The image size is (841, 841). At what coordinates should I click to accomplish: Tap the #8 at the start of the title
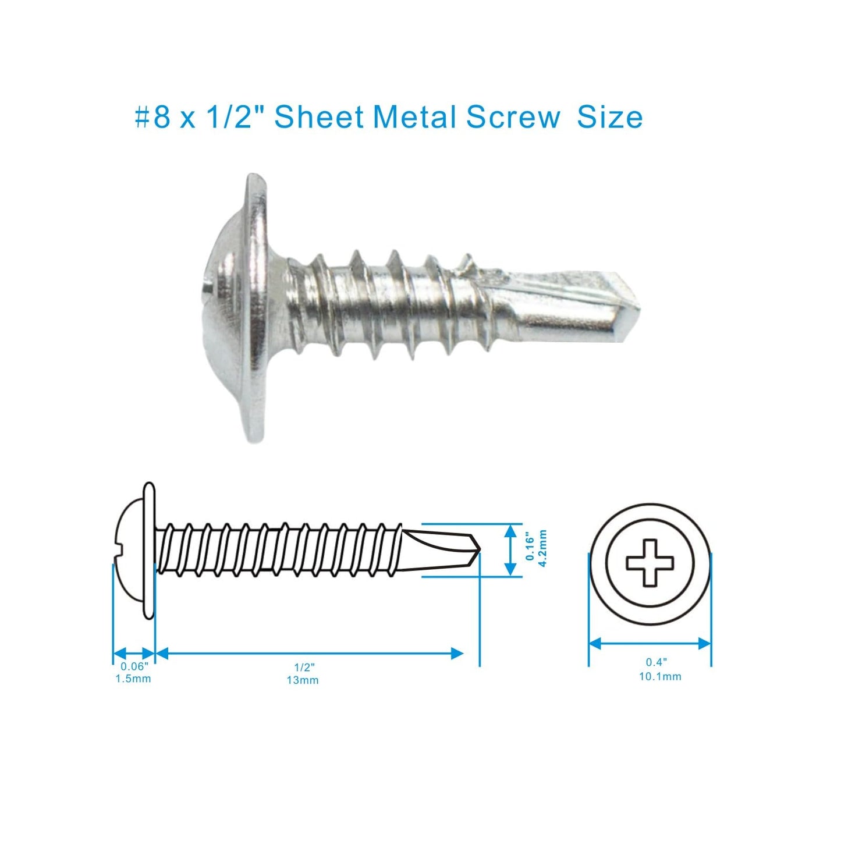tap(152, 118)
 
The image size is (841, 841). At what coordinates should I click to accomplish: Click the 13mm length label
tap(303, 680)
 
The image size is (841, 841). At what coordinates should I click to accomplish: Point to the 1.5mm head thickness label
tap(133, 679)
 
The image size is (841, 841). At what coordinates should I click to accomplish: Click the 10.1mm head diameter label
tap(660, 676)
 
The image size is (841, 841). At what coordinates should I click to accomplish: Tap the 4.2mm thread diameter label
tap(542, 549)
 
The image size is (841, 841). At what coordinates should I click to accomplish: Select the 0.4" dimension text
tap(657, 662)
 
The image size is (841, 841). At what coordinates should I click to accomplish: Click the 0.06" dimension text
tap(134, 666)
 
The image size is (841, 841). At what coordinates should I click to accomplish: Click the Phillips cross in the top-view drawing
tap(650, 563)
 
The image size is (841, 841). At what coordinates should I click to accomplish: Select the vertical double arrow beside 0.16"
tap(510, 549)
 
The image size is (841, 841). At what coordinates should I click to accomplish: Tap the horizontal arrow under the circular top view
tap(650, 643)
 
